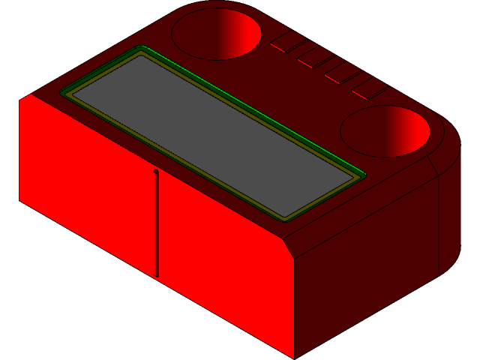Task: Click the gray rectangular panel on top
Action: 214,135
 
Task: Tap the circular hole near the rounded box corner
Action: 385,131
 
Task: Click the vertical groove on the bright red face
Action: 157,225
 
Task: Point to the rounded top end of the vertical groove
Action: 155,172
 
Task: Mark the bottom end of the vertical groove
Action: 157,275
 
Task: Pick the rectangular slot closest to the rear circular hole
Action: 286,42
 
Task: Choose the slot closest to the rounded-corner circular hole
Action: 369,88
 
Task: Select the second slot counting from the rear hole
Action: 313,57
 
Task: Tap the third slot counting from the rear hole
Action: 342,73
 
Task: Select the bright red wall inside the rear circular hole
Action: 244,34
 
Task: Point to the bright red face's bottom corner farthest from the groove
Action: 20,199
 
